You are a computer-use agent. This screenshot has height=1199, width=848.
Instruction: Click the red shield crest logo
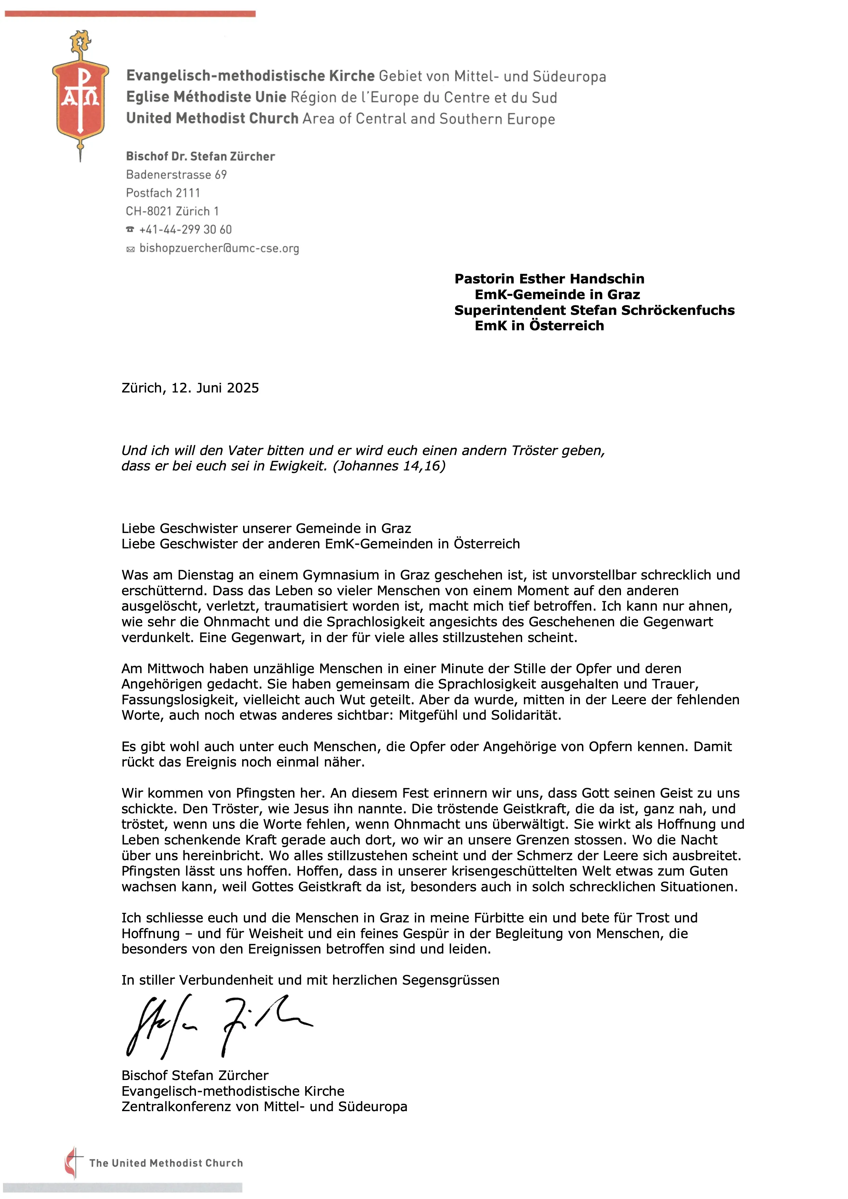coord(80,99)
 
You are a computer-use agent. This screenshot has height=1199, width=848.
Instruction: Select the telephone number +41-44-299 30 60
coord(185,230)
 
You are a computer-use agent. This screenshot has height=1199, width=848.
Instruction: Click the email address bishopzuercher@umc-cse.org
coord(219,249)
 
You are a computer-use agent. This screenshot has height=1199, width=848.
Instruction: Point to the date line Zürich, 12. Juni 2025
coord(190,388)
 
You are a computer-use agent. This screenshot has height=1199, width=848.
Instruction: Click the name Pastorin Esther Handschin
coord(549,279)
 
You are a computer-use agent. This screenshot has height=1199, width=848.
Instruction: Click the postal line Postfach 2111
coord(163,193)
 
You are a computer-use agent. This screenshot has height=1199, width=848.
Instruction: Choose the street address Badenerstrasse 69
coord(176,175)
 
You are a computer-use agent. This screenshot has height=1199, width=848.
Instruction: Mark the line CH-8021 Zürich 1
coord(172,212)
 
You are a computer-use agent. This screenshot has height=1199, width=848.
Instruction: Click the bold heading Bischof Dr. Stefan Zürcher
coord(200,157)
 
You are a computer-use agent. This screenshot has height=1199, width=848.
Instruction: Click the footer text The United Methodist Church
coord(166,1163)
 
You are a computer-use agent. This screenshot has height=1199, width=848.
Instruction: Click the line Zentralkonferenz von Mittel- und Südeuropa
coord(264,1107)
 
